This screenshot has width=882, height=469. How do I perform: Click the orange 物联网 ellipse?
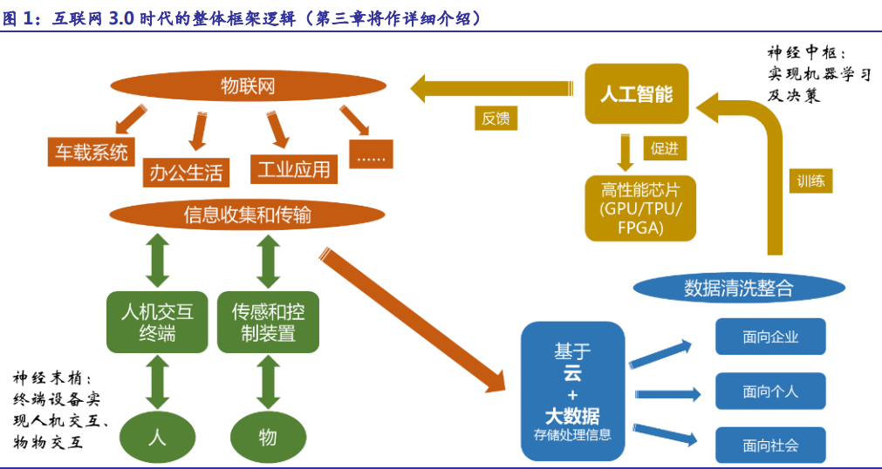[x=248, y=85]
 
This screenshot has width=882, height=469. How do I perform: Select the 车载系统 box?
[x=92, y=152]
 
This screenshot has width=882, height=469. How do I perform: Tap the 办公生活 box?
[x=186, y=172]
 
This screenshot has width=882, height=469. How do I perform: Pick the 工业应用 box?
[x=294, y=168]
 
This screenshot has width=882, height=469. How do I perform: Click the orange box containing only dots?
[x=371, y=154]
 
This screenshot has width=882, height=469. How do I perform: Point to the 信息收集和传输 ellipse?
[x=248, y=214]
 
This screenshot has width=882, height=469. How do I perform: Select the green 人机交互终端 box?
[x=157, y=322]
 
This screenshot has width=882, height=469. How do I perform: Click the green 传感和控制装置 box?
[x=268, y=322]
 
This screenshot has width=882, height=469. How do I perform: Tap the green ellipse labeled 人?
[x=157, y=436]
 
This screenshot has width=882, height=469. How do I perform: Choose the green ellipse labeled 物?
[x=268, y=436]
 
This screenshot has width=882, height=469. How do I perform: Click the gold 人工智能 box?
[x=637, y=93]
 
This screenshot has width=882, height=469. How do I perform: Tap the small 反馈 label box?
[x=496, y=118]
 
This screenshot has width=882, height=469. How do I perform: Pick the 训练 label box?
[x=810, y=180]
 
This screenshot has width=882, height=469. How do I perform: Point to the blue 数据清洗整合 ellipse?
[x=738, y=289]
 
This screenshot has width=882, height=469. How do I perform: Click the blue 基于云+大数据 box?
[x=572, y=391]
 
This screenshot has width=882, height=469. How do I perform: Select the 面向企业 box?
[x=770, y=336]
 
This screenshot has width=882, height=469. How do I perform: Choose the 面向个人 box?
[x=770, y=391]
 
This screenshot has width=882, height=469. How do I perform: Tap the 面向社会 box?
[x=770, y=445]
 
